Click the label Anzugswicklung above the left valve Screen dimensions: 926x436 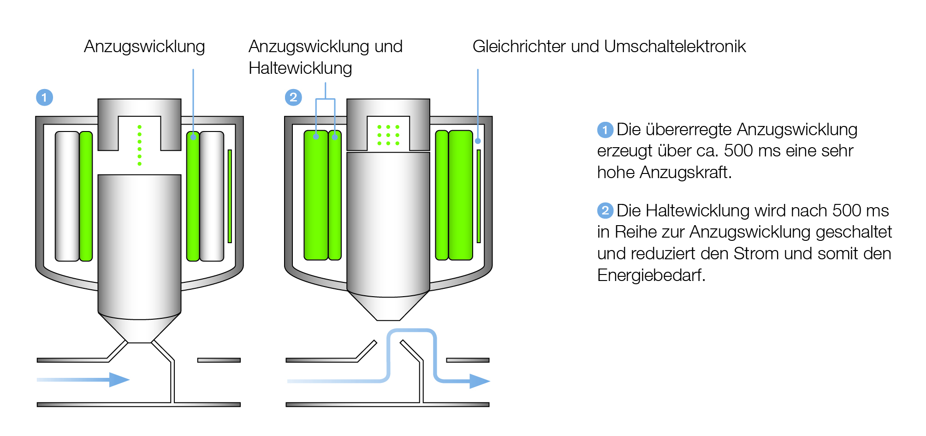144,47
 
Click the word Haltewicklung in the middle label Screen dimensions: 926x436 300,68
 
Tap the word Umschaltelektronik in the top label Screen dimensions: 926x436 675,46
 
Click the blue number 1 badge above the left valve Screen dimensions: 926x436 44,97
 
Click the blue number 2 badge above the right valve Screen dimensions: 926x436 293,97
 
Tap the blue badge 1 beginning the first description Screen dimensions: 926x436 605,130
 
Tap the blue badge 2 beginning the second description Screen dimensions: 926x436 605,211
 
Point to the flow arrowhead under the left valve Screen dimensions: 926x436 119,380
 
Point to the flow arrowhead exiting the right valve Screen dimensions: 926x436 480,381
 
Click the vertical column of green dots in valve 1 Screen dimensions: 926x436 139,145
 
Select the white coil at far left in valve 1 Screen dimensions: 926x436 67,197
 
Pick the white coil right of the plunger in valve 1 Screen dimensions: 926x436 212,197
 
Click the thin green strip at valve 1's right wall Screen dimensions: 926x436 230,196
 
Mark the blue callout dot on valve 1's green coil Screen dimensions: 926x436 193,137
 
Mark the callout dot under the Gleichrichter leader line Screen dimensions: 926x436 478,141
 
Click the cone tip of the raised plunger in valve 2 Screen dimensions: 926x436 388,320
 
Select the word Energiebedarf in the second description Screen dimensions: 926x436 651,275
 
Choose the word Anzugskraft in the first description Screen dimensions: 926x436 685,173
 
